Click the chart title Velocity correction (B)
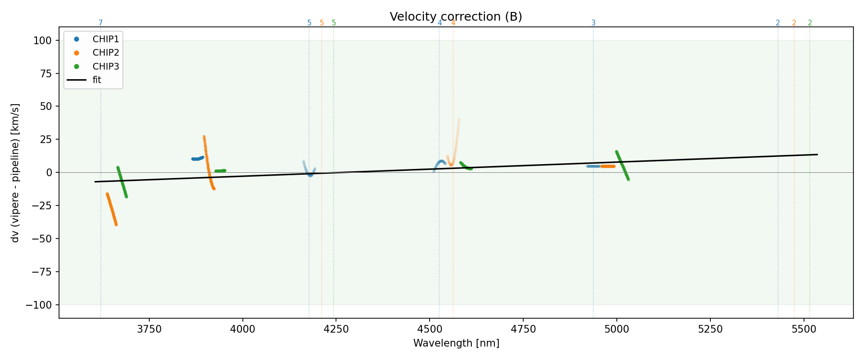(456, 17)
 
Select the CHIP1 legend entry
(106, 39)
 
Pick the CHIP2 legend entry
(106, 52)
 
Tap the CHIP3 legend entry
(106, 66)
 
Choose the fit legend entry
(96, 80)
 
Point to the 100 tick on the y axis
(42, 40)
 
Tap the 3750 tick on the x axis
(149, 329)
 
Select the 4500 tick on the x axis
(430, 329)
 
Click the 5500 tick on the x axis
(804, 329)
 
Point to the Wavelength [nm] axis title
(456, 343)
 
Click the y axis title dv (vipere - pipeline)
(15, 173)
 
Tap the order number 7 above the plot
(101, 23)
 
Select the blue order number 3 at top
(593, 23)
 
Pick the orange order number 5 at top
(322, 23)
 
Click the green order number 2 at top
(810, 23)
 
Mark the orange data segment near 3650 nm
(111, 209)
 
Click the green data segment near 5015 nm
(622, 165)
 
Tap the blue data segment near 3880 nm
(197, 158)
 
